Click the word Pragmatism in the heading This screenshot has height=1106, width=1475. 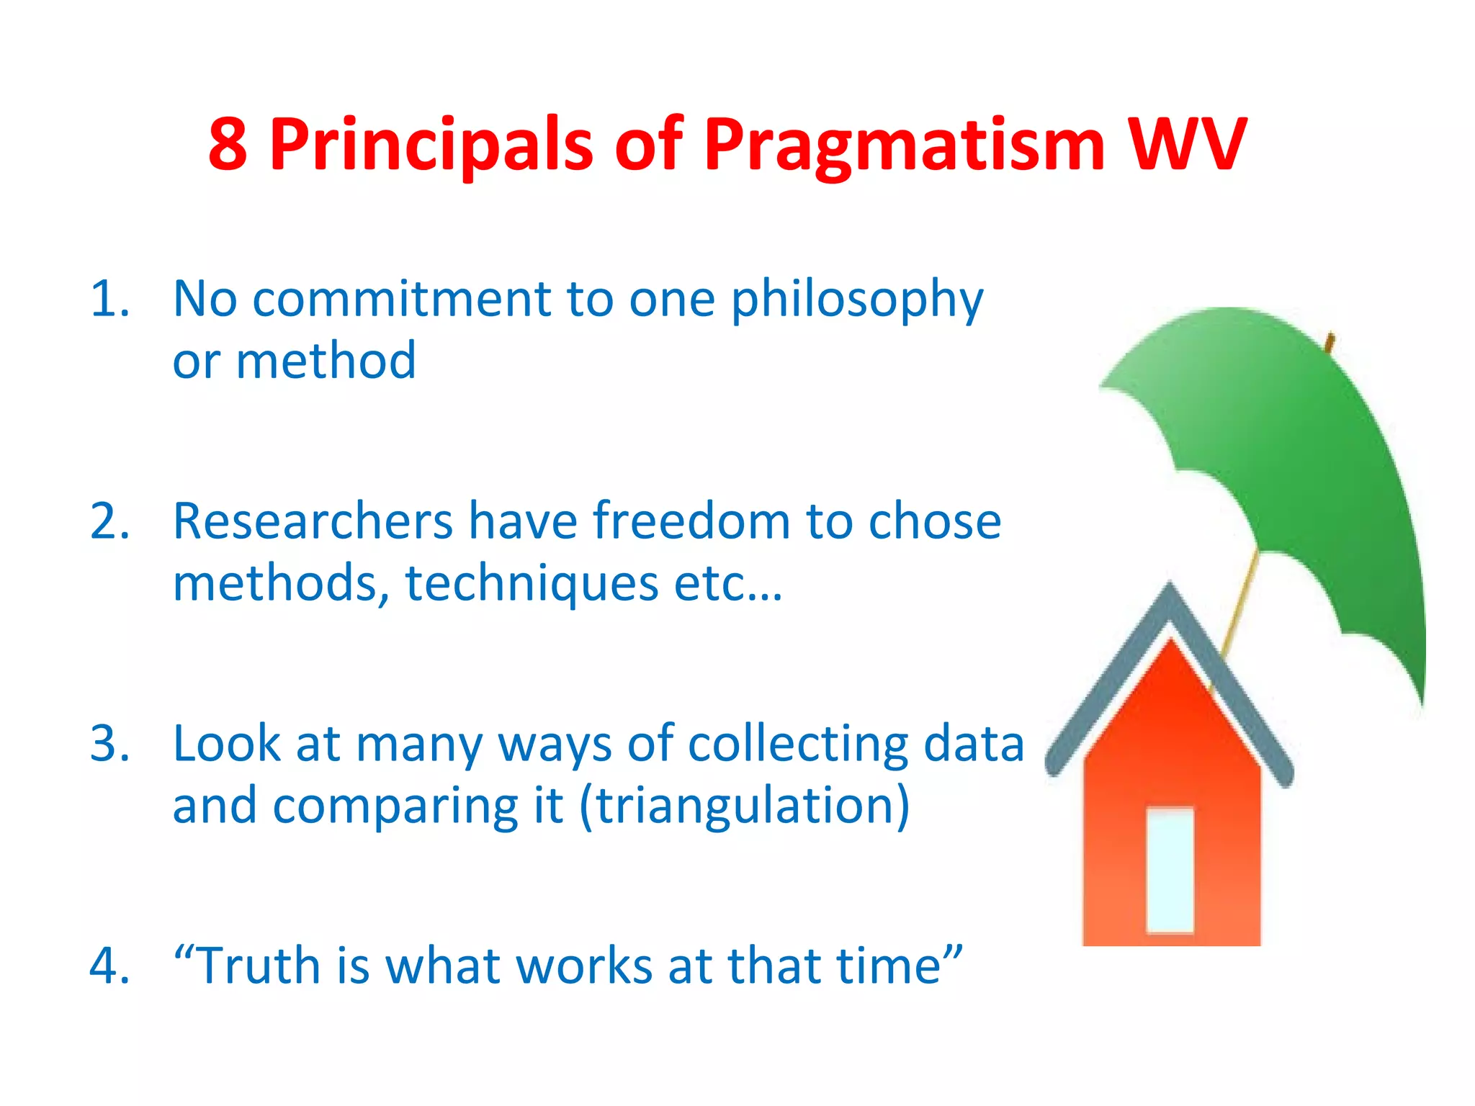pyautogui.click(x=904, y=146)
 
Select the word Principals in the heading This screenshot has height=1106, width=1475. pyautogui.click(x=431, y=146)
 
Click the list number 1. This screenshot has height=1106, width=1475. pyautogui.click(x=109, y=298)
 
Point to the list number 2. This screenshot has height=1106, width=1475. pyautogui.click(x=109, y=521)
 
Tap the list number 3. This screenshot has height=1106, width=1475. pyautogui.click(x=109, y=743)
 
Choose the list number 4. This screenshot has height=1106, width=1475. pyautogui.click(x=109, y=966)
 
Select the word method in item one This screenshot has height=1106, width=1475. pyautogui.click(x=326, y=360)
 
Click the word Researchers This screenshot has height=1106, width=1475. pyautogui.click(x=313, y=521)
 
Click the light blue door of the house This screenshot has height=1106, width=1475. pyautogui.click(x=1170, y=870)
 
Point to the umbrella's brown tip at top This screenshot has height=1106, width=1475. pyautogui.click(x=1330, y=341)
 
